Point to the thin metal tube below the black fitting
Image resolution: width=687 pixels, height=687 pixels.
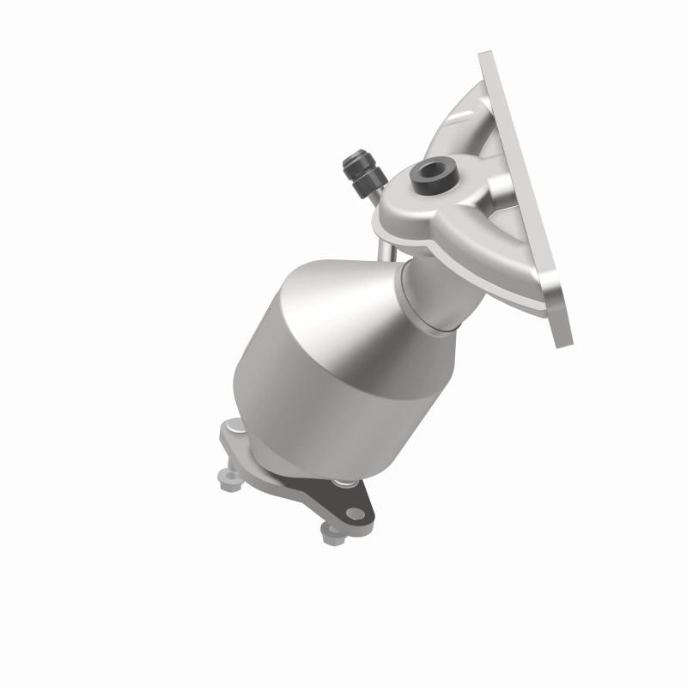click(x=383, y=240)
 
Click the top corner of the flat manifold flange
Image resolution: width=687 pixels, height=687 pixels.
click(x=486, y=58)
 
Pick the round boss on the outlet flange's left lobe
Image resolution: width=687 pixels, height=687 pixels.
click(x=236, y=429)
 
